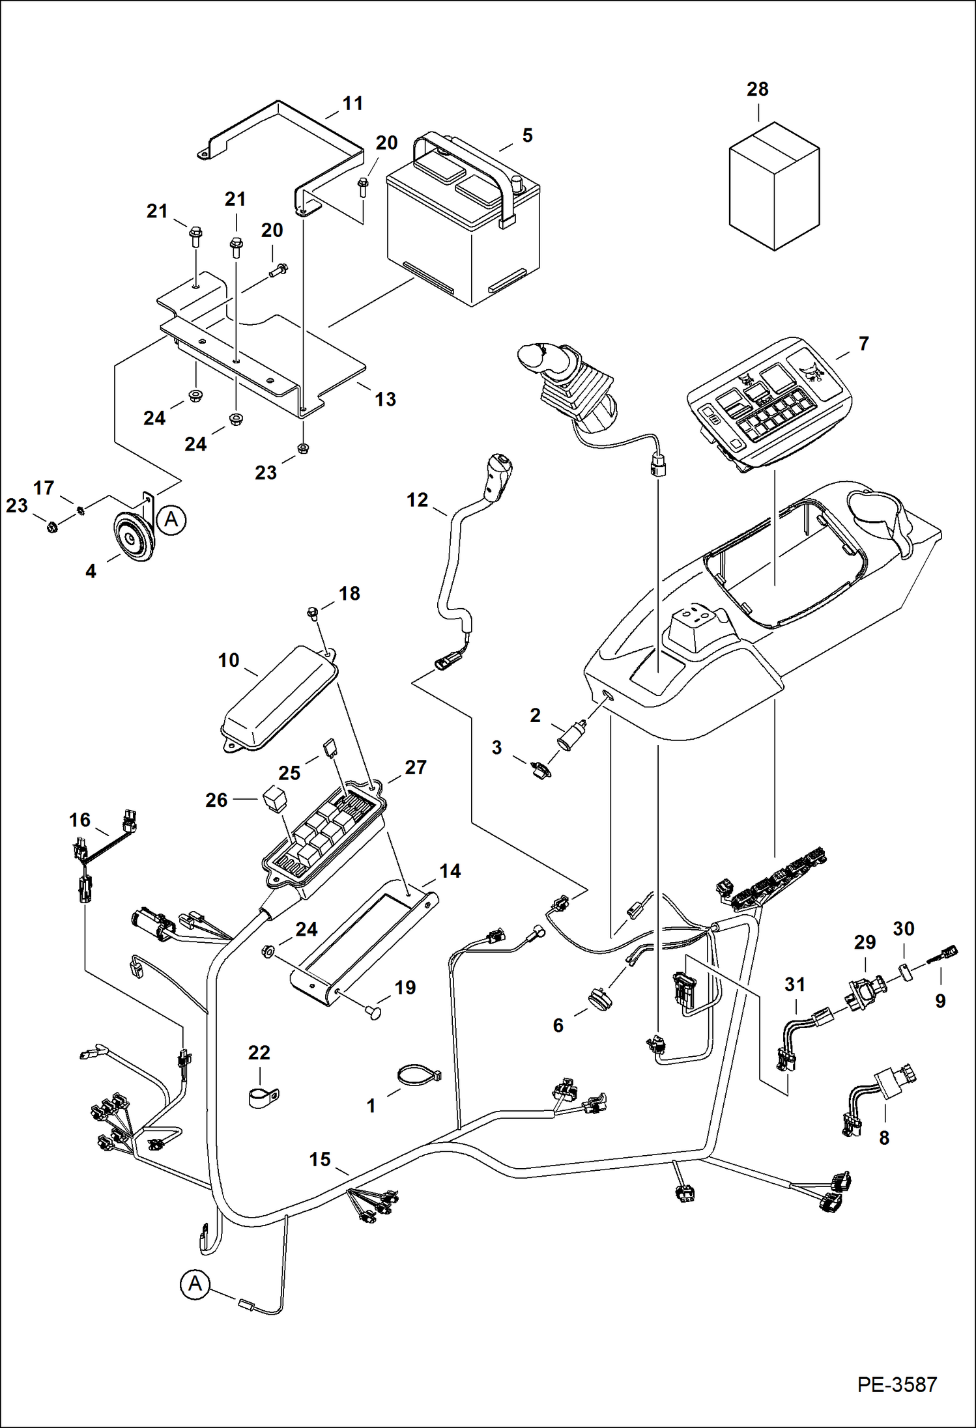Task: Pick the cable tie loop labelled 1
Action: coord(417,1075)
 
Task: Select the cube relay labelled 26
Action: coord(274,798)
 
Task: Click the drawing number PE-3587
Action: coord(897,1384)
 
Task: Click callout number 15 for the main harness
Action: coord(320,1160)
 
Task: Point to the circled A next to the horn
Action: coord(171,520)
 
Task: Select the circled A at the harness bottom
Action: coord(195,1284)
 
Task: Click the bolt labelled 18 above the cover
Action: coord(313,611)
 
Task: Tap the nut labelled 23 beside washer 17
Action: coord(51,527)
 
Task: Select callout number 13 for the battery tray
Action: coord(385,399)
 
